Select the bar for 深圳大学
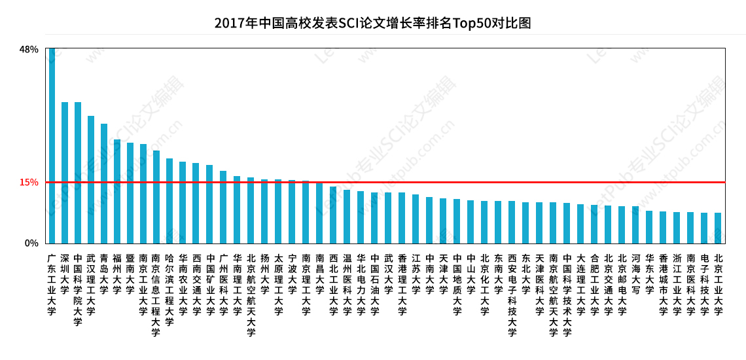coord(65,173)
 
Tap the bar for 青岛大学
coord(104,183)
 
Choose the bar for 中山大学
coord(471,222)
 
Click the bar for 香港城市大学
coord(663,227)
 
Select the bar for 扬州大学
coord(264,211)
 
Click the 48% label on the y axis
coord(29,50)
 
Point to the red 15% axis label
coord(29,183)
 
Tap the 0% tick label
coord(31,243)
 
